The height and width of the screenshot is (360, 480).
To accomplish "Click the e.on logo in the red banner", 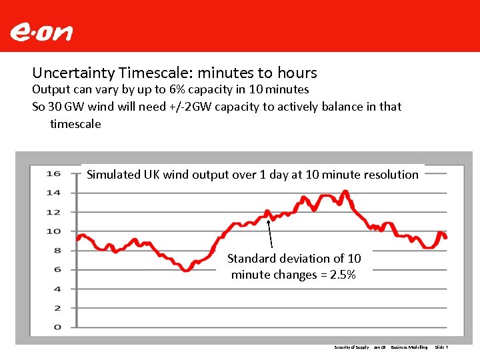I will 41,32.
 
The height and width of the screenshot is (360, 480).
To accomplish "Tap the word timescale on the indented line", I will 75,124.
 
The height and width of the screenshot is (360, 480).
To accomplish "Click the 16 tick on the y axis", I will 53,174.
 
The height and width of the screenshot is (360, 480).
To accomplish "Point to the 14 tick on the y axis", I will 53,193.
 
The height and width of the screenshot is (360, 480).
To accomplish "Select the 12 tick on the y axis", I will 53,213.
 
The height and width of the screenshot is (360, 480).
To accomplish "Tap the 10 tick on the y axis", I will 53,231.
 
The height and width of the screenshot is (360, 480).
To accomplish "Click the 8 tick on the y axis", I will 56,251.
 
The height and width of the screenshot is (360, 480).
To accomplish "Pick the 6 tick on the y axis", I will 56,270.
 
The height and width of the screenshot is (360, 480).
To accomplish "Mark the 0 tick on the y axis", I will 56,327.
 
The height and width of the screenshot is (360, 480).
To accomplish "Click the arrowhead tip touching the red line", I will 267,213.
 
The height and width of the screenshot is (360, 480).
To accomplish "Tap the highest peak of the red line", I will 345,191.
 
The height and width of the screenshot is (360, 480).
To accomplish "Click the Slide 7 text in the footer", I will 441,347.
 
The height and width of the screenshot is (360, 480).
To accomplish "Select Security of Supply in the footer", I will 351,347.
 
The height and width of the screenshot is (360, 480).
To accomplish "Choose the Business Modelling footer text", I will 409,347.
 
